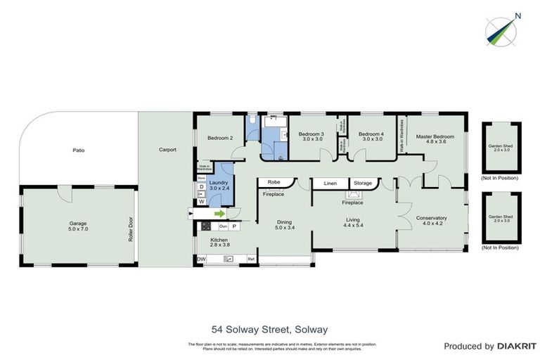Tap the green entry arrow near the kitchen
219,214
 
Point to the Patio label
79,150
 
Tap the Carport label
167,150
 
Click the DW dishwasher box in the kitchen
202,259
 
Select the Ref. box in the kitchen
250,259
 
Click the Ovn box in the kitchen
224,226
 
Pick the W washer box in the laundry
202,202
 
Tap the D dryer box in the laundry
202,187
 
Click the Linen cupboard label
330,184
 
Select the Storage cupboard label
363,184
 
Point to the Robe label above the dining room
274,182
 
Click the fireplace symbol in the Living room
352,195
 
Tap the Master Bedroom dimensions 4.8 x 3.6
432,141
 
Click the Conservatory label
431,218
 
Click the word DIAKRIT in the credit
516,346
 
